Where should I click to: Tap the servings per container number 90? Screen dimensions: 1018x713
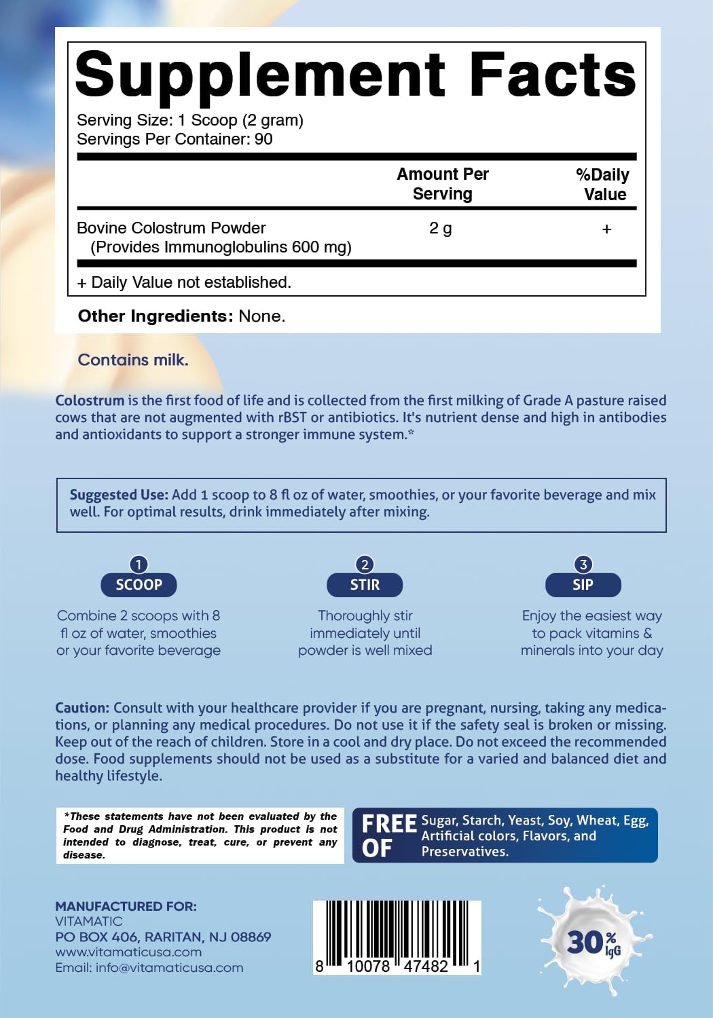pos(263,139)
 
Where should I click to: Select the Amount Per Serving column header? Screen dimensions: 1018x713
pos(443,184)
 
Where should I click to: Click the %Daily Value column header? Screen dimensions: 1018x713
pos(603,185)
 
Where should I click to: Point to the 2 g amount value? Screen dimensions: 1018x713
pos(441,229)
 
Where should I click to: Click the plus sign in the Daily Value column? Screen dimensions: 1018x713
pos(606,229)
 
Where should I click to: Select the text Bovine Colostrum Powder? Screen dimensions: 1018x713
pos(171,228)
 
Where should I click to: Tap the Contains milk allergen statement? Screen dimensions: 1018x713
pos(133,360)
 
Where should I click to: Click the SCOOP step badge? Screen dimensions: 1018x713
pos(139,585)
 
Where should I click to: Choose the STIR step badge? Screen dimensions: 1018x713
pos(365,585)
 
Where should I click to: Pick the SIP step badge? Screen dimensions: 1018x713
pos(583,585)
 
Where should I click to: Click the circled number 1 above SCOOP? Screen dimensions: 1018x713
pos(139,565)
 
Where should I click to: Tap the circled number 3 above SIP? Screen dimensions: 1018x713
pos(583,565)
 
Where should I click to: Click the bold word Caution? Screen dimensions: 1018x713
pos(82,708)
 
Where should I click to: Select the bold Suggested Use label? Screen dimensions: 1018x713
pos(119,495)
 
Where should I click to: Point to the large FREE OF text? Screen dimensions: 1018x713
pos(388,835)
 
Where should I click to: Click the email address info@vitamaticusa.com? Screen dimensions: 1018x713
pos(169,968)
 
